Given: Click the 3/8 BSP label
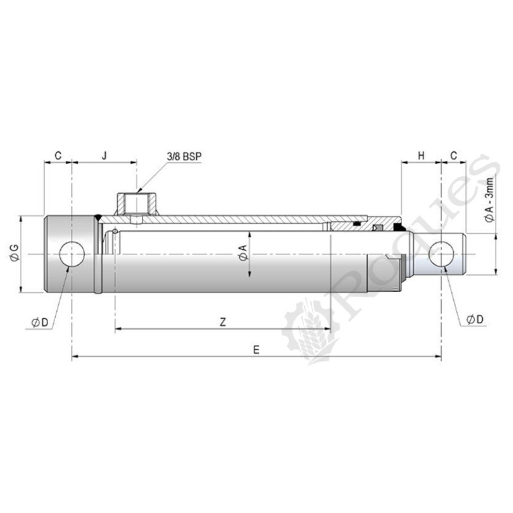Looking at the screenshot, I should click(x=183, y=156).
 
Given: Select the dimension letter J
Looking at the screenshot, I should click(x=104, y=156).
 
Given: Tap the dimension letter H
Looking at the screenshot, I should click(x=421, y=156).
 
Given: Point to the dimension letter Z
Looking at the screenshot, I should click(x=223, y=322).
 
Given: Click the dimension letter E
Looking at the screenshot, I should click(x=256, y=349).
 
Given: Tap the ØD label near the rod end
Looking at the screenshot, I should click(x=471, y=319).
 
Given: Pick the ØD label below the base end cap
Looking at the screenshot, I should click(x=40, y=322).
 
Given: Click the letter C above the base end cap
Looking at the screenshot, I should click(x=58, y=156).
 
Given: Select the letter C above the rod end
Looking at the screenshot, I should click(x=454, y=156).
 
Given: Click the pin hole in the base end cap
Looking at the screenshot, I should click(x=72, y=255).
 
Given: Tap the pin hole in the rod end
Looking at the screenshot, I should click(x=441, y=255).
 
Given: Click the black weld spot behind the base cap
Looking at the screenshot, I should click(x=97, y=217).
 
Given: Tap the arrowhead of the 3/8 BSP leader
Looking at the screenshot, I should click(x=139, y=189).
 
